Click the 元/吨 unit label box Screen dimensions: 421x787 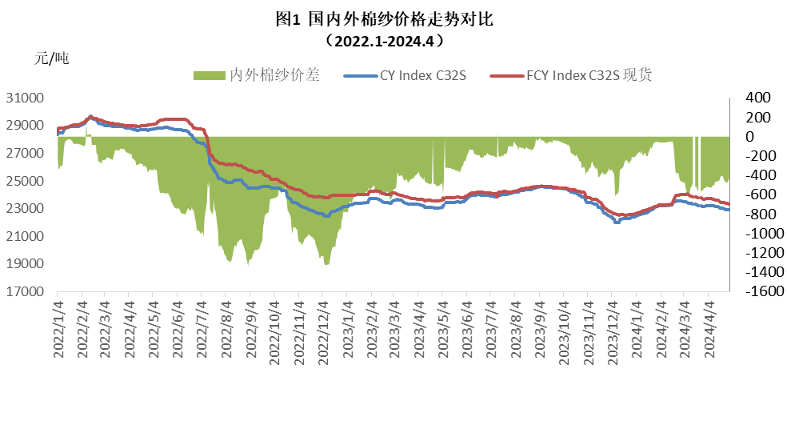[x=78, y=61]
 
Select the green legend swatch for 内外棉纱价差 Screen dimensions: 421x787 [x=209, y=76]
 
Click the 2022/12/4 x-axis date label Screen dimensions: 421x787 [x=323, y=330]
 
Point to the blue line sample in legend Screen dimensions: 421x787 [x=358, y=76]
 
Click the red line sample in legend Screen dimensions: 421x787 [x=505, y=76]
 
